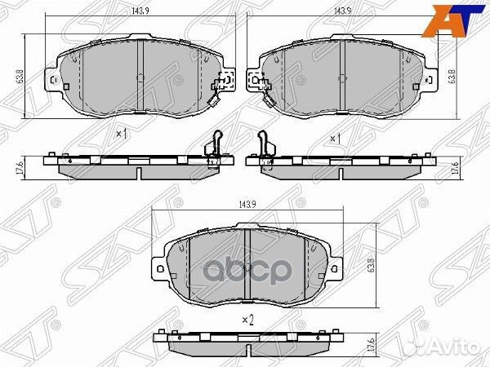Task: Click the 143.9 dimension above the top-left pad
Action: point(140,11)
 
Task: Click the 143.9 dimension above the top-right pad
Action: point(343,11)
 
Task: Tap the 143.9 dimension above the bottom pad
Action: point(247,205)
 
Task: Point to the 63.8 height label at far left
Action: point(20,76)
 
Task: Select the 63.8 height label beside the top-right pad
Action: point(452,76)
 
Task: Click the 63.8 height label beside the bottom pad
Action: point(372,265)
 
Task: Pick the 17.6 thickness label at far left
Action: point(20,168)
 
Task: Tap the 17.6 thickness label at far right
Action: point(456,168)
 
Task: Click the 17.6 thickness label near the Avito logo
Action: point(372,345)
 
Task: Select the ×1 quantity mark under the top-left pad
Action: point(122,135)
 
